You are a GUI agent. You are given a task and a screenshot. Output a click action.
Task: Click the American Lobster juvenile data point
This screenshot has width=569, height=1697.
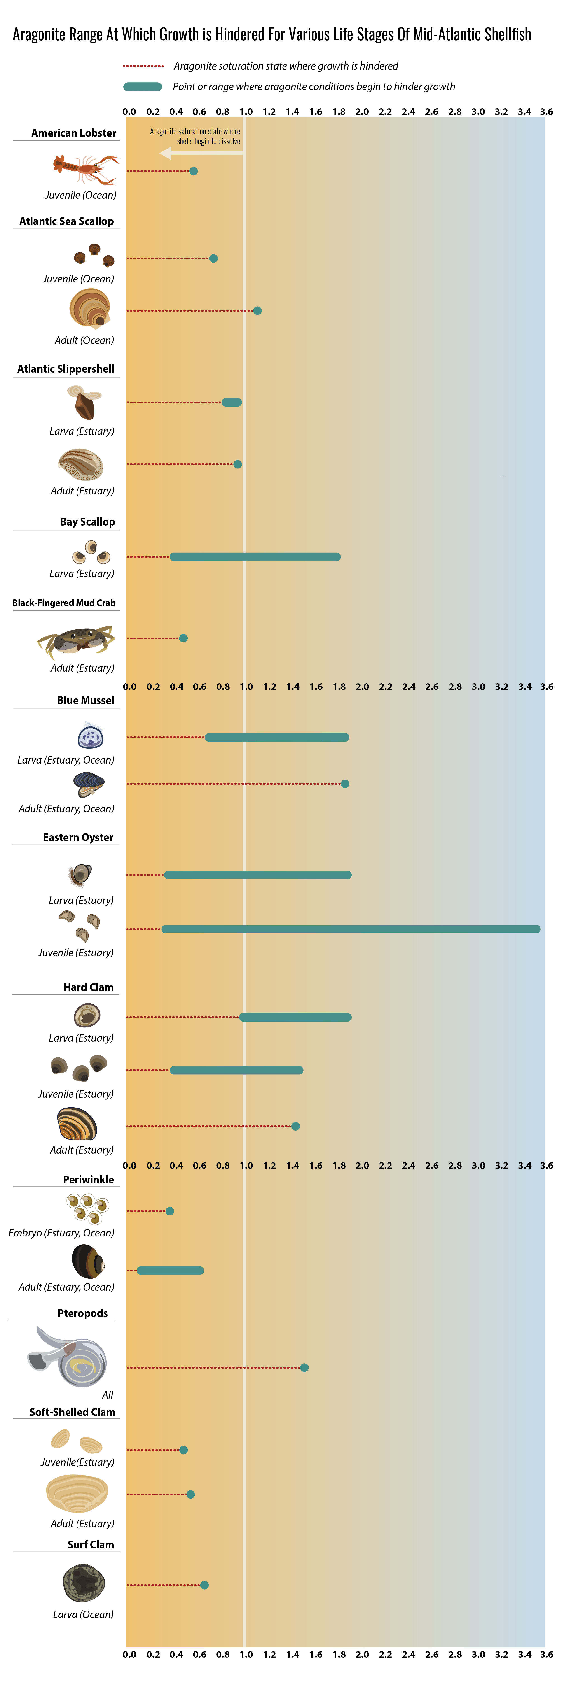[193, 171]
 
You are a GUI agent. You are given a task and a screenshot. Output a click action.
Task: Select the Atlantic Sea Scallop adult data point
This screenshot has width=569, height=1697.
[257, 310]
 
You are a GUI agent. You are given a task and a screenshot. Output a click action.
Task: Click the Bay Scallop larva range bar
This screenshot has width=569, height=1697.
[255, 557]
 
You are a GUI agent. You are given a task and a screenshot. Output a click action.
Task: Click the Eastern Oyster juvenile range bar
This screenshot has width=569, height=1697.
[351, 929]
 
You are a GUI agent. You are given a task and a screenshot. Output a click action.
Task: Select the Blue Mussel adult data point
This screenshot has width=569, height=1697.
[345, 783]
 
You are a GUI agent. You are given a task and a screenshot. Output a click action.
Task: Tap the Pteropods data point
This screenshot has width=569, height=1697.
[304, 1368]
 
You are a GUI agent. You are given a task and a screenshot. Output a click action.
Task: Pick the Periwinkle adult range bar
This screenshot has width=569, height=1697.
[170, 1270]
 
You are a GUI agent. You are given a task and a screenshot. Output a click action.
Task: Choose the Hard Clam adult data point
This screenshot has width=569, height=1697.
[295, 1126]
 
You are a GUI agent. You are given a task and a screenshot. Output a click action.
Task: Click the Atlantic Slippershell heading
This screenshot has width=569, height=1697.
[66, 369]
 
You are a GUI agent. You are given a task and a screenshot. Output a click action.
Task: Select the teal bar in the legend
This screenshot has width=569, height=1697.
[142, 86]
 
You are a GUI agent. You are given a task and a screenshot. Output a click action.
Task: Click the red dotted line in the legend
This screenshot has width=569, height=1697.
[143, 66]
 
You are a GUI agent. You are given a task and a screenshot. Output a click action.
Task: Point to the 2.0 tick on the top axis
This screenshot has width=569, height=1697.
[362, 111]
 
